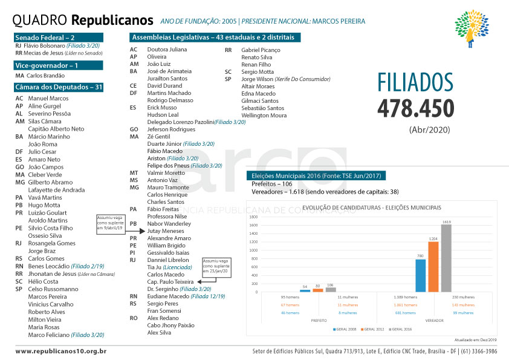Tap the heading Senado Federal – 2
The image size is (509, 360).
tap(44, 38)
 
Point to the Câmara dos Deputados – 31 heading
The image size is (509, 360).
tap(59, 87)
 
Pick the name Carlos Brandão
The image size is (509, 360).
tap(46, 76)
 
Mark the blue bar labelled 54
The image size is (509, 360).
tap(305, 290)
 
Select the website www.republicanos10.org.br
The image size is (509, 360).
tap(61, 351)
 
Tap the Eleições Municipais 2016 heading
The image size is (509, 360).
tap(315, 176)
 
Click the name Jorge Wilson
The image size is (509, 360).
tap(258, 79)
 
